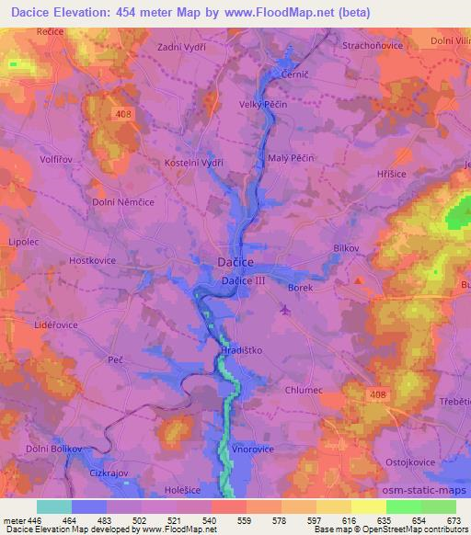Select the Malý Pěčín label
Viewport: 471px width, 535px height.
coord(292,158)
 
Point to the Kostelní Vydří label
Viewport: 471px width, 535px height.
coord(195,162)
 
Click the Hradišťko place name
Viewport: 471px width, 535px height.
coord(243,350)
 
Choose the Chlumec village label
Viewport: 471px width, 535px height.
coord(304,390)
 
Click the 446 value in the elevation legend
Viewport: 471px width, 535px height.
coord(36,519)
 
